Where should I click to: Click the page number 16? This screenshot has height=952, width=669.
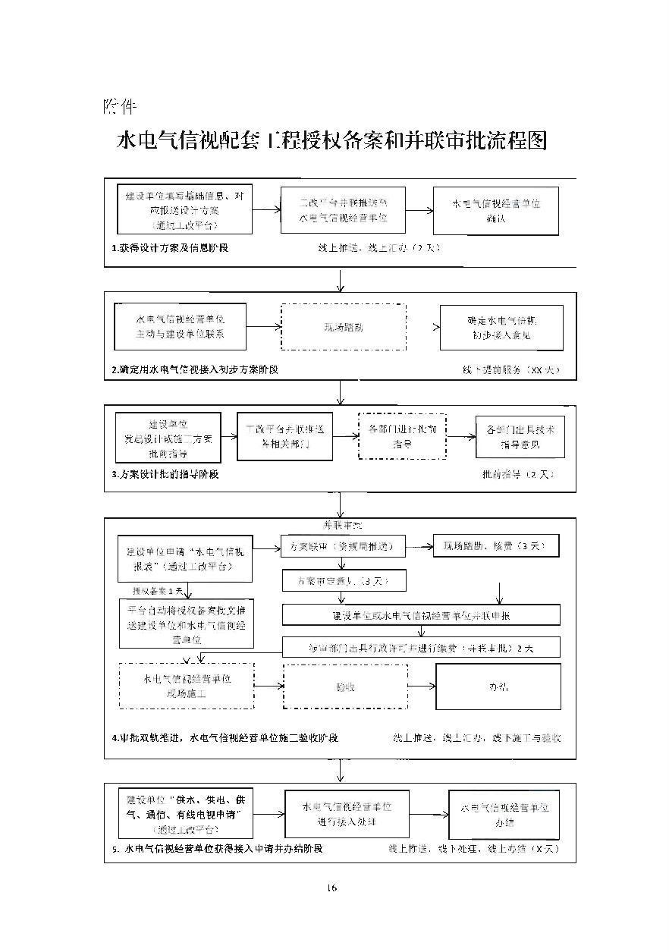pos(331,888)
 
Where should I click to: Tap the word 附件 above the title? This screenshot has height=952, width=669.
pos(119,105)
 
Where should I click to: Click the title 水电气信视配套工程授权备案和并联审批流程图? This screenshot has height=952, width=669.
pos(331,142)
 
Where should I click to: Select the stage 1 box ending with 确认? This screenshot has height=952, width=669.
pos(495,211)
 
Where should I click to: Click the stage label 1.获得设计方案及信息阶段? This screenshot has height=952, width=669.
pos(170,248)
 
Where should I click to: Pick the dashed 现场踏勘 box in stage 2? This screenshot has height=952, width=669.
pos(343,328)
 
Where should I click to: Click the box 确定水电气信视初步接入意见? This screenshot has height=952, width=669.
pos(501,328)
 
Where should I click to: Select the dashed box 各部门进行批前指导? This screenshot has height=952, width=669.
pos(402,436)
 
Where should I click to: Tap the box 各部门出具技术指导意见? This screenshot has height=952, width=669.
pos(520,436)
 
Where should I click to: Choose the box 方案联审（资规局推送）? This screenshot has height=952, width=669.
pos(342,545)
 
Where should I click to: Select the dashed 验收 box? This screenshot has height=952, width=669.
pos(345,687)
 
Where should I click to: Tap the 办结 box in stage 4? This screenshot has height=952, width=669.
pos(498,687)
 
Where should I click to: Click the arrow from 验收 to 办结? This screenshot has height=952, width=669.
pos(421,687)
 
